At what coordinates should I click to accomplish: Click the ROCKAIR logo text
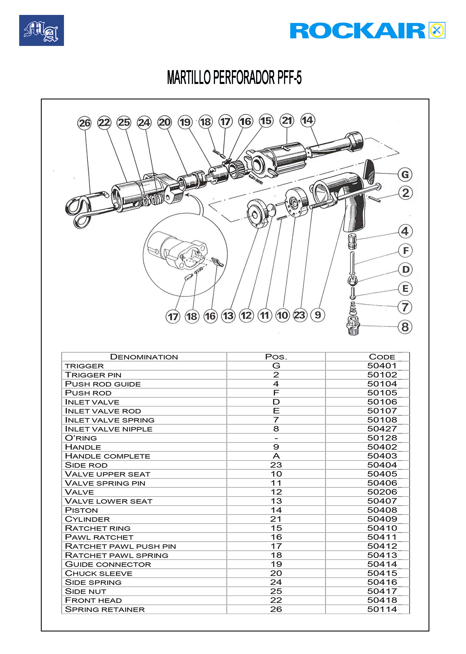pos(357,31)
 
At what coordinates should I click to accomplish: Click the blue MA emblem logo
pos(41,30)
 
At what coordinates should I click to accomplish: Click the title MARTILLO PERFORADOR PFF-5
pos(234,77)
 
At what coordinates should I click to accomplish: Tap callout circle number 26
pos(84,123)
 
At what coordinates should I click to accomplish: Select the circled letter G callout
pos(405,174)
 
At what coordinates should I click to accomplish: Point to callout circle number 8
pos(405,327)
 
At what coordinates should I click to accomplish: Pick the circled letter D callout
pos(405,270)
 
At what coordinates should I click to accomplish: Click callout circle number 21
pos(287,121)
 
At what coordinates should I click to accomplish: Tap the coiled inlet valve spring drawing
pos(353,308)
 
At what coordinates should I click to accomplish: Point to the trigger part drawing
pos(369,171)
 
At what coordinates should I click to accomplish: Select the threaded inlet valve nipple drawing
pos(354,325)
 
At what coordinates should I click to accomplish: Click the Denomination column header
pos(144,357)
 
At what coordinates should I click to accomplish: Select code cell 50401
pos(382,366)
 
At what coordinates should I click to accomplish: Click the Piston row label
pos(81,510)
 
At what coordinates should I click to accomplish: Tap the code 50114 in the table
pos(382,609)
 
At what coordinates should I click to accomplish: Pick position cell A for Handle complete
pos(276,456)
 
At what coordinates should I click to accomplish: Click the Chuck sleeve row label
pos(99,573)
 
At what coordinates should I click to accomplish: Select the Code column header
pos(382,357)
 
